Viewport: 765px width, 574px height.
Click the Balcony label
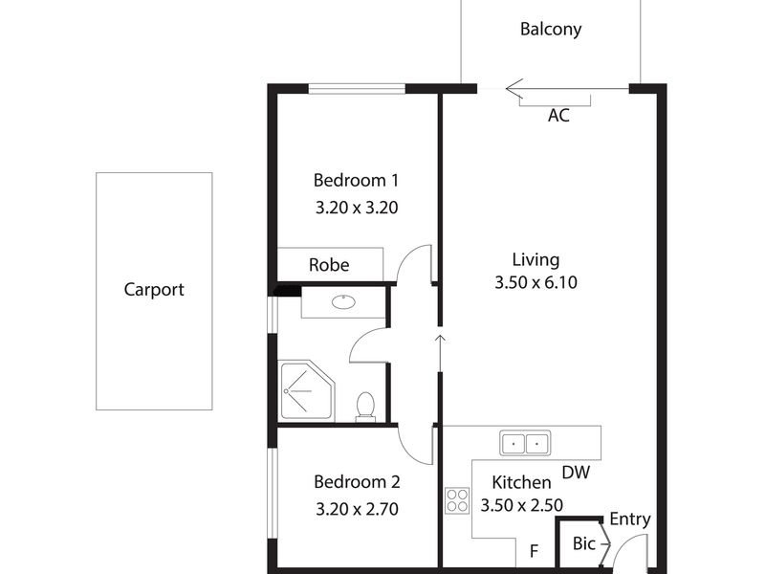551,30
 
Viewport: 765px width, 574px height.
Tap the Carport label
154,290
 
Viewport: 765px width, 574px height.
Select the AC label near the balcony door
558,116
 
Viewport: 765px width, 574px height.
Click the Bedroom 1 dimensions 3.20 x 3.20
357,208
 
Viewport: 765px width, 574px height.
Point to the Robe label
329,265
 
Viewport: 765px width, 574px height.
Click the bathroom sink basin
344,301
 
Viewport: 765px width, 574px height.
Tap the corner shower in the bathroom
306,390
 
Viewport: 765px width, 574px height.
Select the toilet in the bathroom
365,406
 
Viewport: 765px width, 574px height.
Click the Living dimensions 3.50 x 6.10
535,282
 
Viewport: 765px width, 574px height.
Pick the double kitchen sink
525,443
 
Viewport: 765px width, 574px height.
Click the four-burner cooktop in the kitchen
457,500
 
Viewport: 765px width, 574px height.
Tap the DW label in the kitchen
576,473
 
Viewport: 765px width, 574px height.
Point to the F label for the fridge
535,551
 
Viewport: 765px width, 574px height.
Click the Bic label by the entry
584,543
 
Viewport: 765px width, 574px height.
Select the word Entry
630,519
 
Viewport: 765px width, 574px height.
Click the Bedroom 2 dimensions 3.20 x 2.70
357,510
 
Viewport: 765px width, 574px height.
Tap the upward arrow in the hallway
440,353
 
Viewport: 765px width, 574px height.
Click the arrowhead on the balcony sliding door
514,89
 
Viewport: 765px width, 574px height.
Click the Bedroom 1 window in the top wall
357,89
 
